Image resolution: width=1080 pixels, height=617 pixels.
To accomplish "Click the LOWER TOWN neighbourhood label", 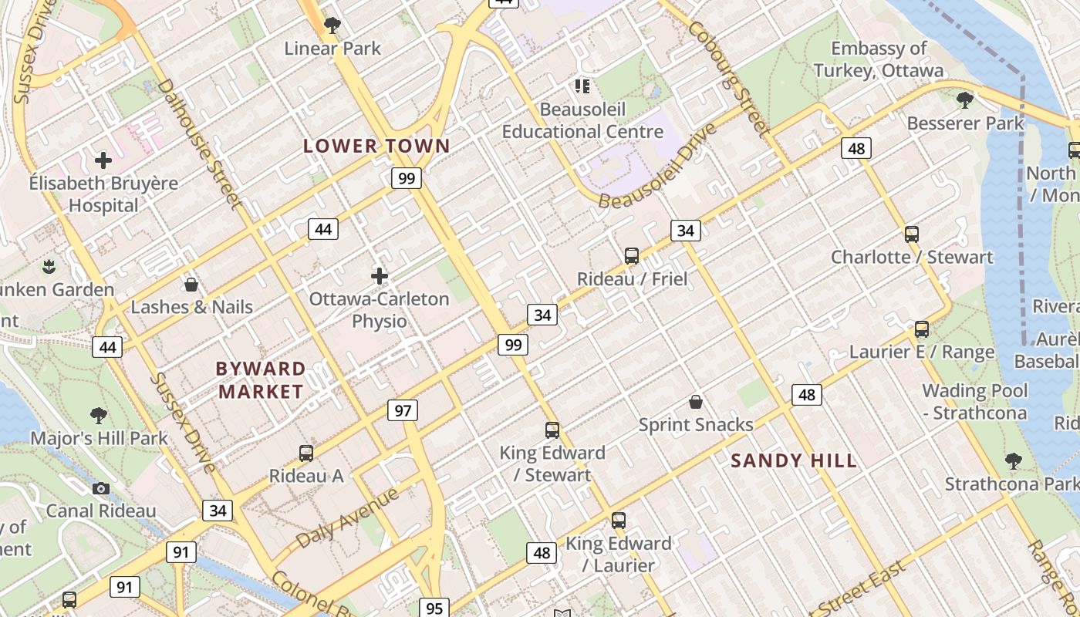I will [376, 146].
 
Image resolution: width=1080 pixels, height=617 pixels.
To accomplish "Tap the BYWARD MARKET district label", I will [261, 379].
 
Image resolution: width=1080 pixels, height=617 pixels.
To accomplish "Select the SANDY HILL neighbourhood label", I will [794, 461].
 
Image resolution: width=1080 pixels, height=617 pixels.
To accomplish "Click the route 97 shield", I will [403, 410].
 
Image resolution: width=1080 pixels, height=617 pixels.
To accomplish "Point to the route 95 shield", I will [434, 608].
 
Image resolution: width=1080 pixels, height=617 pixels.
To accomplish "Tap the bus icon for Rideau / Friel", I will [632, 255].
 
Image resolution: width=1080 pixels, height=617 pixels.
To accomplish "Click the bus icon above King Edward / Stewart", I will [552, 430].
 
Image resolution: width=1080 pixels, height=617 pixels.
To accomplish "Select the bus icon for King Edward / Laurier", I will [618, 521].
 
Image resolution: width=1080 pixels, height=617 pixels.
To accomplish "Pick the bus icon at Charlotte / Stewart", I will [912, 234].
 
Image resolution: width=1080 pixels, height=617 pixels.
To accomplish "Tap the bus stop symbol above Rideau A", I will [306, 453].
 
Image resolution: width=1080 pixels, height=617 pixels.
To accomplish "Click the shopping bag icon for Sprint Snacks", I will [696, 402].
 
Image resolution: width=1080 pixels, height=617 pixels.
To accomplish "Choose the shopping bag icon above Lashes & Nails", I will [191, 285].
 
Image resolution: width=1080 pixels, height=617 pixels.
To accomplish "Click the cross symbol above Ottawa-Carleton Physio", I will [379, 275].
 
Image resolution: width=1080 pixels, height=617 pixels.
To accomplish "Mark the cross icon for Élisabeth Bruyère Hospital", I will [103, 160].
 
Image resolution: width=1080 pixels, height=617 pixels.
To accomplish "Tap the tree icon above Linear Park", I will [332, 26].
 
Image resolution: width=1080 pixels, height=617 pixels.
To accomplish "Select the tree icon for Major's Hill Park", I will [99, 416].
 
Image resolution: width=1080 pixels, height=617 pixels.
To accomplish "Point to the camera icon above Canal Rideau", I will [101, 488].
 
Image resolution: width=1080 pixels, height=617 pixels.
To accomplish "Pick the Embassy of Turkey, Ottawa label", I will [878, 59].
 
